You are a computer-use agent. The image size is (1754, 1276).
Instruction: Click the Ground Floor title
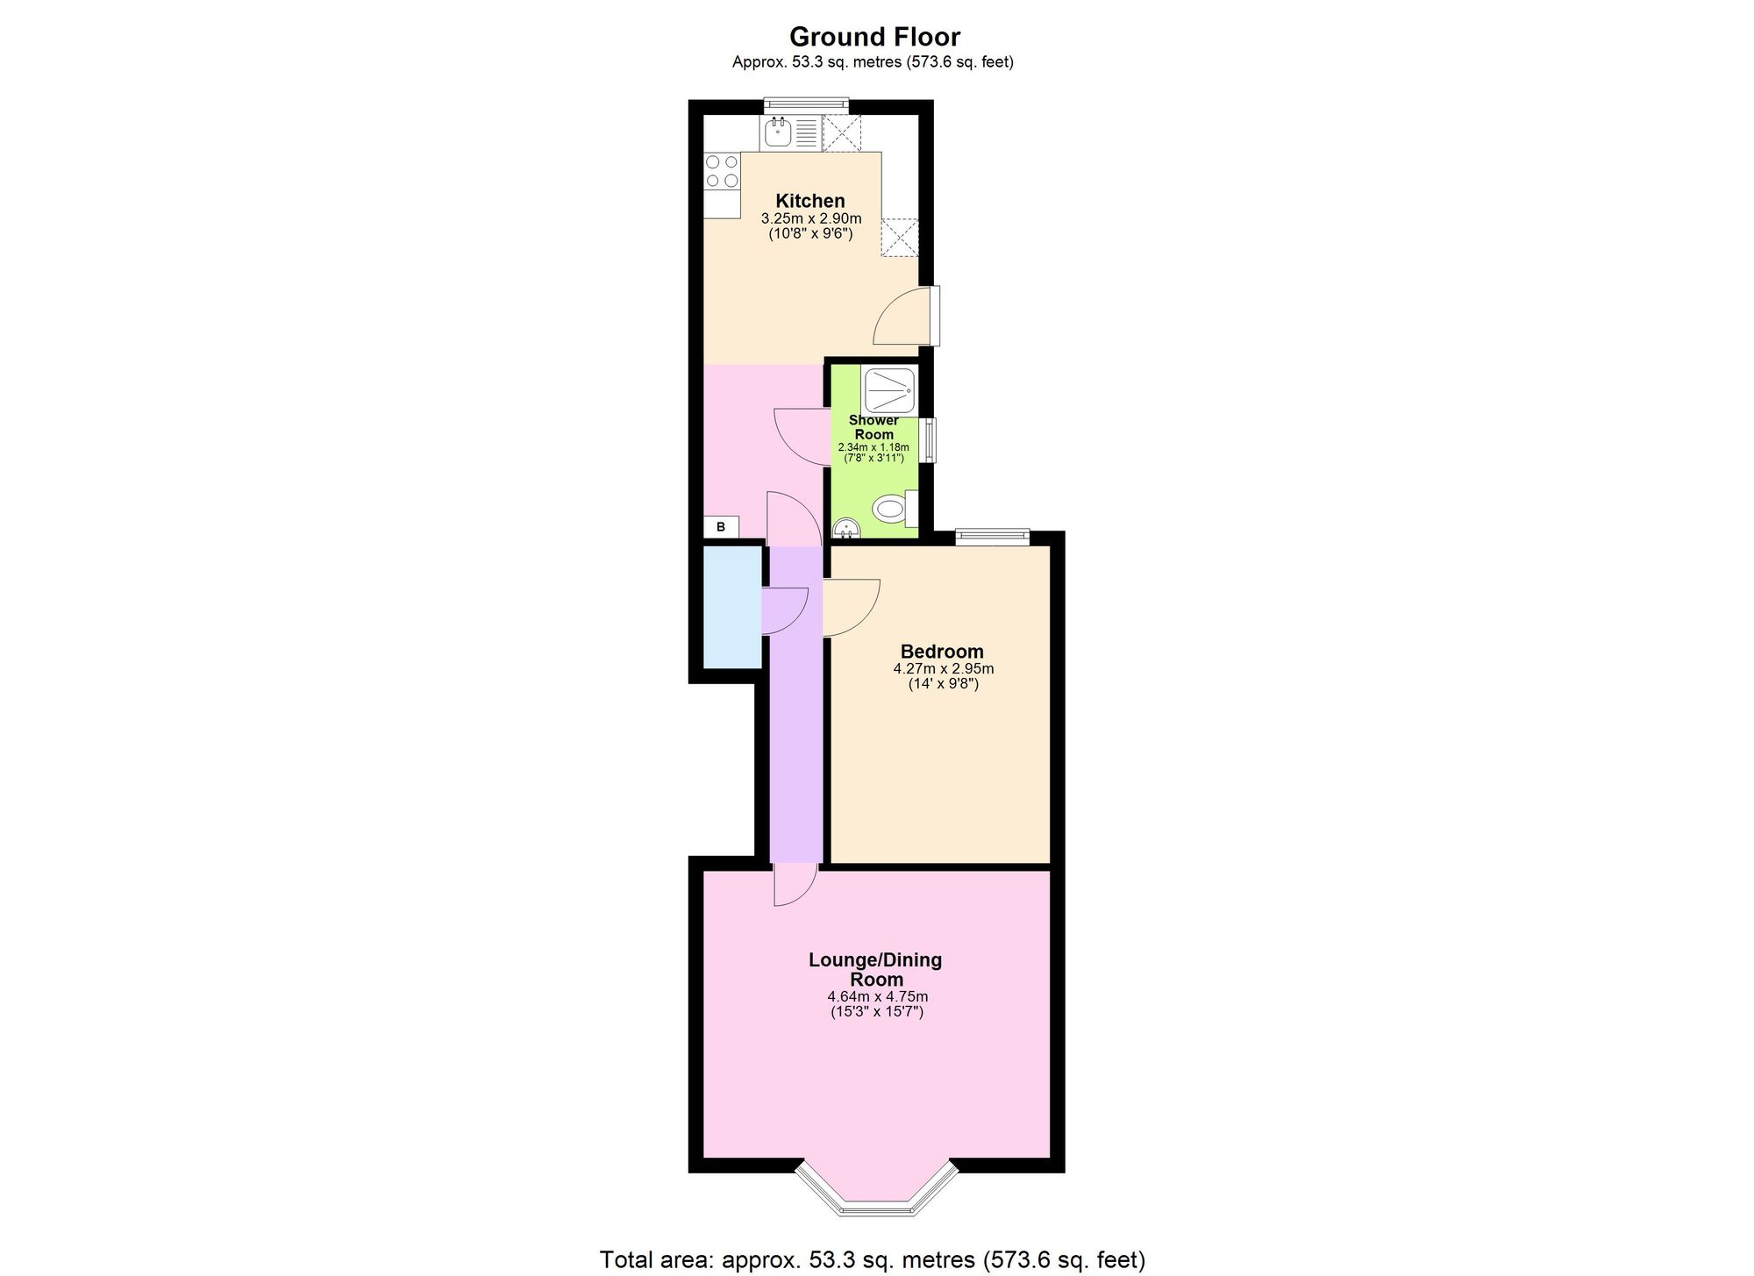874,37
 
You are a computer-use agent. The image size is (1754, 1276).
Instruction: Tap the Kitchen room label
809,201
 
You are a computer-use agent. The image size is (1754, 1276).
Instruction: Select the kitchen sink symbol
778,133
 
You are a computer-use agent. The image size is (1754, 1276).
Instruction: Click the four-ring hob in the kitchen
722,172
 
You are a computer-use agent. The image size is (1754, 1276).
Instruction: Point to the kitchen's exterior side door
935,316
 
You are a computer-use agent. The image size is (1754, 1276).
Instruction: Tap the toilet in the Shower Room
890,509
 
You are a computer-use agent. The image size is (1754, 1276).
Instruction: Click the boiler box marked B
721,527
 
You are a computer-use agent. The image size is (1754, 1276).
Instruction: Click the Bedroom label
942,652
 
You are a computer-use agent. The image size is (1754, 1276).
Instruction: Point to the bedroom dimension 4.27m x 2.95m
943,668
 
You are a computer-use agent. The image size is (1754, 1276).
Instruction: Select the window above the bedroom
992,536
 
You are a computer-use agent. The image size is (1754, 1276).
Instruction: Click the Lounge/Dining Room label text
875,969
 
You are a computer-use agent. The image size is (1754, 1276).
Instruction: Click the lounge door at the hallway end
795,886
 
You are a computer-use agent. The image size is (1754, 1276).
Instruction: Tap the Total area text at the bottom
872,1259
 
